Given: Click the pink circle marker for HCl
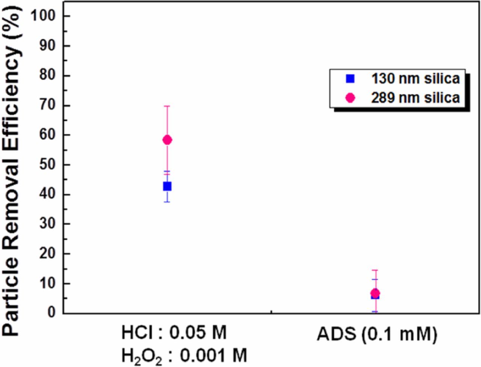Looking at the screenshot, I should [x=167, y=140].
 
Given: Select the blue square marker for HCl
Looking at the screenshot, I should [x=167, y=186].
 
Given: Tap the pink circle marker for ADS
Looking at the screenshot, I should [x=375, y=293].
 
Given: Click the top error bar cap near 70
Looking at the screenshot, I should [x=167, y=106].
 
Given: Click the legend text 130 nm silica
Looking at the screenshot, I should [x=416, y=79].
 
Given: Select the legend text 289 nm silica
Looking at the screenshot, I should [x=416, y=98].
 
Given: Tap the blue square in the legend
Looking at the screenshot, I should [x=350, y=79].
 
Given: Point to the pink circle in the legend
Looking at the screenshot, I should [x=350, y=98].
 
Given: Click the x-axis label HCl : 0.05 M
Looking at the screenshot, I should [x=174, y=333].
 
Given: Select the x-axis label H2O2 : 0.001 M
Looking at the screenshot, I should [x=184, y=355].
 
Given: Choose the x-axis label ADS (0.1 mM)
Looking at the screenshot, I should [x=377, y=334].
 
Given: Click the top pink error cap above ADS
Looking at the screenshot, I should [x=375, y=270].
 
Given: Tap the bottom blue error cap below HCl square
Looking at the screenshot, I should [x=167, y=202].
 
